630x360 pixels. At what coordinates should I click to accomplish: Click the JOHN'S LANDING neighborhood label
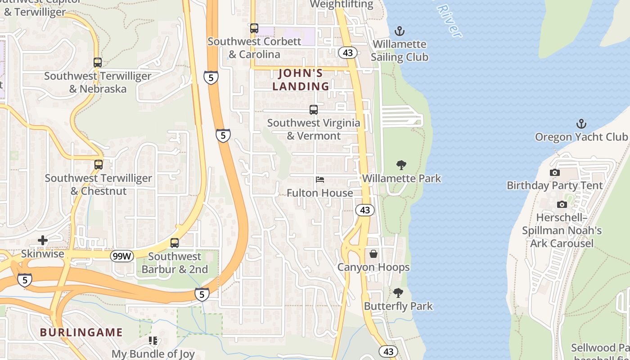pos(301,79)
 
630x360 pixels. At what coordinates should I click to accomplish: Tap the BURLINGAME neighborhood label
pos(81,333)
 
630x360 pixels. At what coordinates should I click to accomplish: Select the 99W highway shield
pos(122,256)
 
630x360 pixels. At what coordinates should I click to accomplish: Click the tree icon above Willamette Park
pos(401,165)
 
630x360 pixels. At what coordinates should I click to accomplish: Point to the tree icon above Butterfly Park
pos(398,293)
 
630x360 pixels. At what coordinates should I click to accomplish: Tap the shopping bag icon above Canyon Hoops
pos(373,254)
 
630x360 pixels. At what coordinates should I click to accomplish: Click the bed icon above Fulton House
pos(320,180)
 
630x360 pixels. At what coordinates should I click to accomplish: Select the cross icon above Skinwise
pos(43,241)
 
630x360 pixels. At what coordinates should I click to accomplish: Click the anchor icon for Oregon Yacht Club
pos(581,124)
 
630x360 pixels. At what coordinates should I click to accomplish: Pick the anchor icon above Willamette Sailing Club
pos(399,31)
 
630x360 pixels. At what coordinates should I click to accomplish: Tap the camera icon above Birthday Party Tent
pos(555,172)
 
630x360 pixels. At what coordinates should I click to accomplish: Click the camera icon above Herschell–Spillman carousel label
pos(562,205)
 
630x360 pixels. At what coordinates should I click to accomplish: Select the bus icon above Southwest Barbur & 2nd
pos(175,243)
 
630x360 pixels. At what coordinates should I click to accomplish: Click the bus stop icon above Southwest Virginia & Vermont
pos(314,109)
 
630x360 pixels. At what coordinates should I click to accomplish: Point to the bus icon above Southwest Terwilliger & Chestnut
pos(99,165)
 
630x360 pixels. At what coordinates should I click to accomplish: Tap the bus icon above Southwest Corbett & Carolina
pos(254,28)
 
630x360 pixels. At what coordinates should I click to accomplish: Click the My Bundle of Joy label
pos(153,354)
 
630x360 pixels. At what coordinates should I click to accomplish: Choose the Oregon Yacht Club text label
pos(581,137)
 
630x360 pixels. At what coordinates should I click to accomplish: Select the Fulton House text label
pos(320,193)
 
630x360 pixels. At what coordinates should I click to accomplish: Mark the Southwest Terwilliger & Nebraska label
pos(98,82)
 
